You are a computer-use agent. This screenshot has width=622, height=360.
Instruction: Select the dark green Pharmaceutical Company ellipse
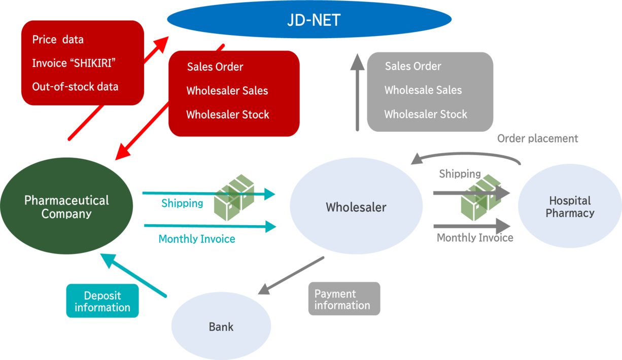(66, 206)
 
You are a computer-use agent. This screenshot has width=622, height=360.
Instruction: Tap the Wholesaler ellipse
(356, 207)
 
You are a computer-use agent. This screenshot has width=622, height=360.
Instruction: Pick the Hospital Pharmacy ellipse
(569, 206)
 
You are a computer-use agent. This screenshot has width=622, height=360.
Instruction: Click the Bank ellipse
(221, 327)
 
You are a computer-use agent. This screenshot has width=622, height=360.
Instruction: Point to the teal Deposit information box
(102, 301)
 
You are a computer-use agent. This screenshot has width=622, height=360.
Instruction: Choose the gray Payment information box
(344, 299)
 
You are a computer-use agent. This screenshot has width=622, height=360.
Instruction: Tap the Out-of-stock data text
(75, 87)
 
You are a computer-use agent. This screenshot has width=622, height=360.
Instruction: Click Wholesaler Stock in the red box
(227, 115)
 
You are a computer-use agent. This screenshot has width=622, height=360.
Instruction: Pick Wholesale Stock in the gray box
(425, 115)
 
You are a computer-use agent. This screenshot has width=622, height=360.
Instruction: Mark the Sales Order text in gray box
(413, 66)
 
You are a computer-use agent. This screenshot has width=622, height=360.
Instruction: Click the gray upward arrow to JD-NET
(357, 91)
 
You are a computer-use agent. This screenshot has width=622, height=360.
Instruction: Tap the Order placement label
(537, 138)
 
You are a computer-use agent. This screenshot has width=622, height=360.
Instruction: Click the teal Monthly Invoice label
(197, 239)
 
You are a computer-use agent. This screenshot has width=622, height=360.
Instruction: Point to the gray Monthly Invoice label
(475, 237)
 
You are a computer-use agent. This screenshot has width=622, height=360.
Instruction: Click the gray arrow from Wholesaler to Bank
(291, 275)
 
